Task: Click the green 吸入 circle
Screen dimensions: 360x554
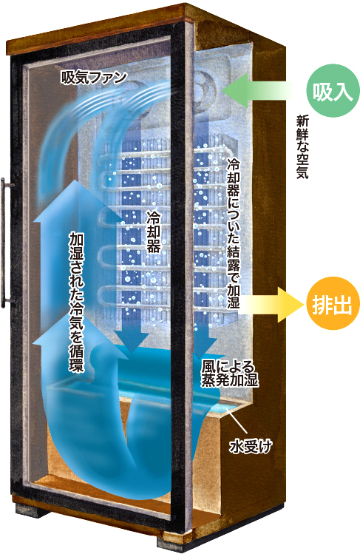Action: (333, 90)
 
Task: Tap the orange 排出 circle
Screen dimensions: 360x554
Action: (333, 303)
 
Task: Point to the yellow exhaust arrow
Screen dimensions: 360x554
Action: (272, 304)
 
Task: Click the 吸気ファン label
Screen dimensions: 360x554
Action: (94, 77)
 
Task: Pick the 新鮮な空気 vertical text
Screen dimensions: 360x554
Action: (302, 146)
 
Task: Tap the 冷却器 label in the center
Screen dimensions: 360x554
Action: (153, 232)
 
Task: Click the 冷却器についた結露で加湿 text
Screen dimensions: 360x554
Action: (233, 232)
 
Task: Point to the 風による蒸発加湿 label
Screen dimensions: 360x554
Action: (229, 374)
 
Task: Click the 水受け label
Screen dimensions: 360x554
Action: (251, 447)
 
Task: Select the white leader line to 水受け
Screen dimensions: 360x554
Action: (237, 421)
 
